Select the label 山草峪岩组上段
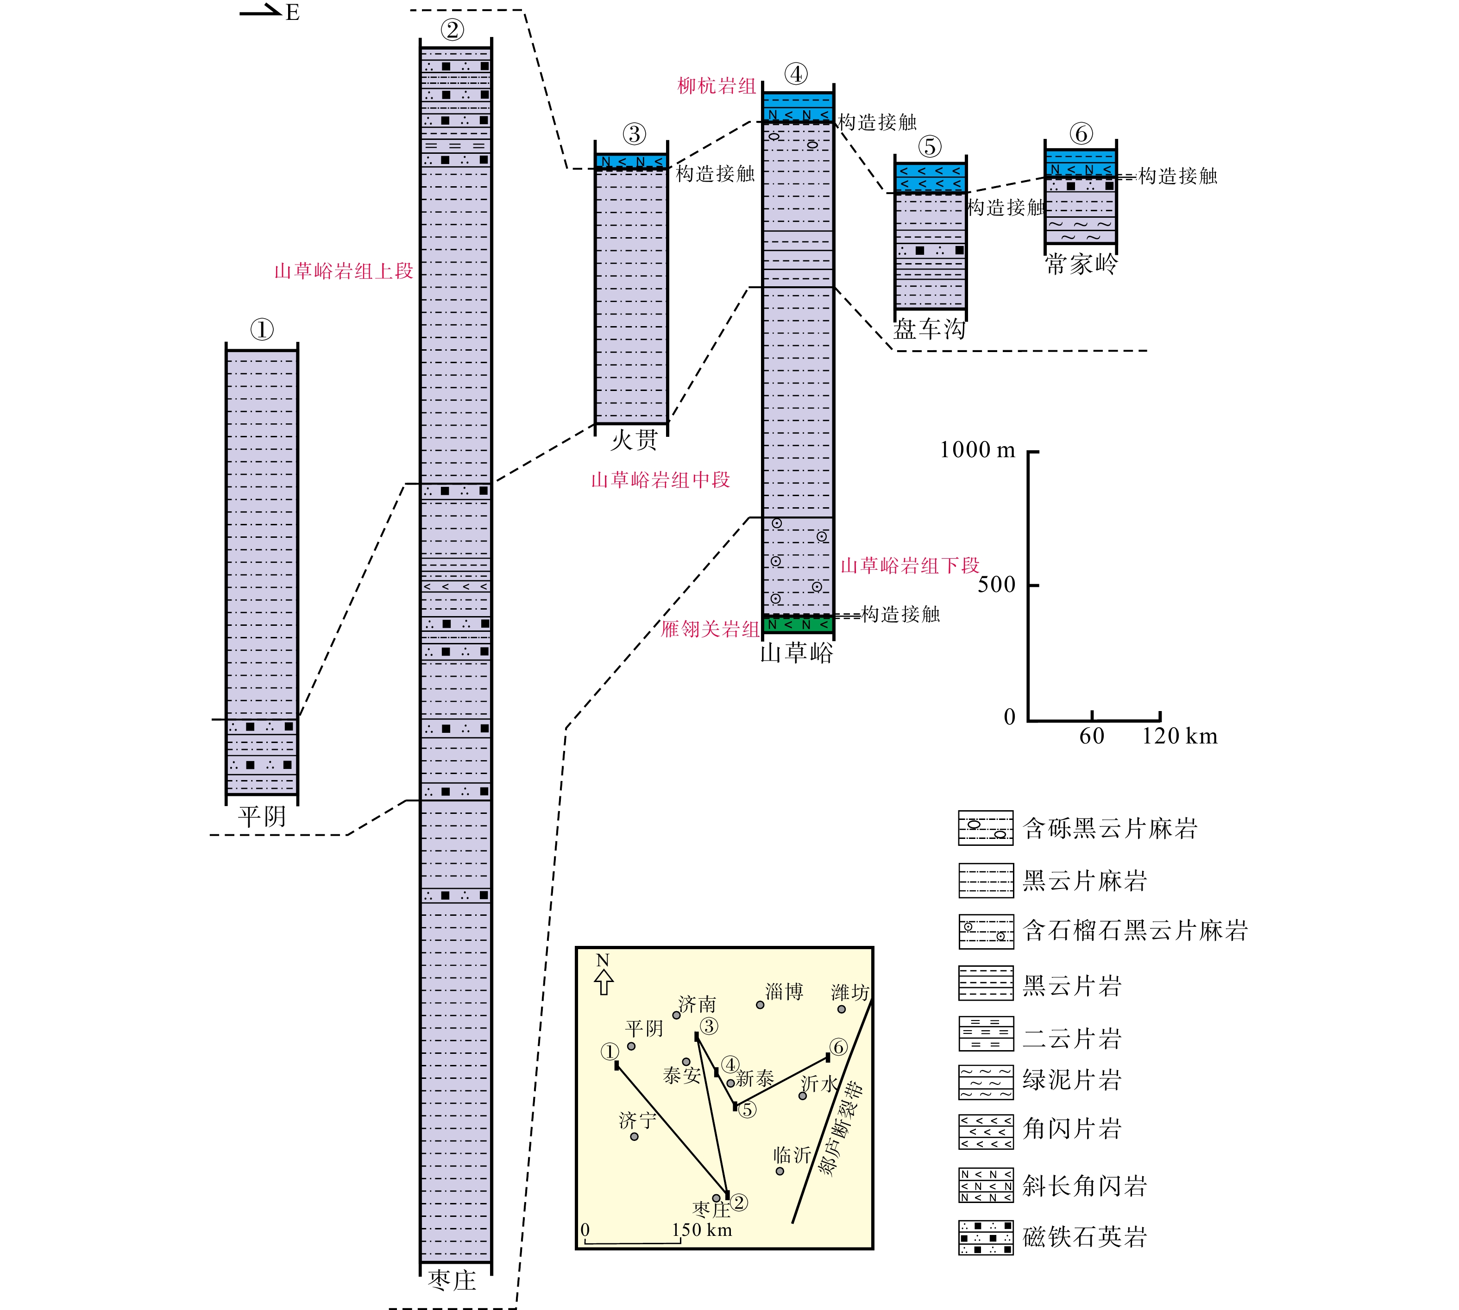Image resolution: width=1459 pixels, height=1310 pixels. pyautogui.click(x=343, y=271)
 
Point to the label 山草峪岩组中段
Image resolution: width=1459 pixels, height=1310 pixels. pyautogui.click(x=660, y=480)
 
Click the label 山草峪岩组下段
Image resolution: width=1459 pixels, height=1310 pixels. pyautogui.click(x=910, y=566)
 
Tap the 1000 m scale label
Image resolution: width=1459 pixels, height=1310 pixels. pyautogui.click(x=977, y=451)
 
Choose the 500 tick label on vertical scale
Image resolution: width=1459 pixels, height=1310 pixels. pyautogui.click(x=996, y=585)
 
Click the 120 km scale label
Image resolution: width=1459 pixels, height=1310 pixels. pyautogui.click(x=1179, y=737)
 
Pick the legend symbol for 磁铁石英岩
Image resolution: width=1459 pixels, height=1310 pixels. pyautogui.click(x=985, y=1237)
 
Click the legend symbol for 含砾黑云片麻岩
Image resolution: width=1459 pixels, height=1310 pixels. pyautogui.click(x=985, y=828)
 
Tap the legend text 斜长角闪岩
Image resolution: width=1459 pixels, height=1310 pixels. pyautogui.click(x=1084, y=1186)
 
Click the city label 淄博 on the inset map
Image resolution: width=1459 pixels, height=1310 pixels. pyautogui.click(x=784, y=992)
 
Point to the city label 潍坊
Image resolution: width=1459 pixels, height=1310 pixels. pyautogui.click(x=849, y=993)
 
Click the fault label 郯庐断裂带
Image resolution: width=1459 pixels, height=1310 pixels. pyautogui.click(x=842, y=1128)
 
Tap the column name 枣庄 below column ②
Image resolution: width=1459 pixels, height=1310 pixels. pyautogui.click(x=452, y=1280)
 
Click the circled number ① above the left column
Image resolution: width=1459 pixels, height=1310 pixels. pyautogui.click(x=262, y=330)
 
